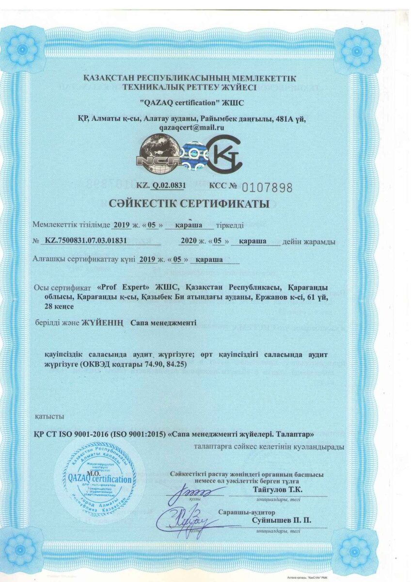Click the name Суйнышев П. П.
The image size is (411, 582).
coord(282,520)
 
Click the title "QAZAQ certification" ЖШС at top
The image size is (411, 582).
coord(191,103)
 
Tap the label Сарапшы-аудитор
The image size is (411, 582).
coord(246,512)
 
